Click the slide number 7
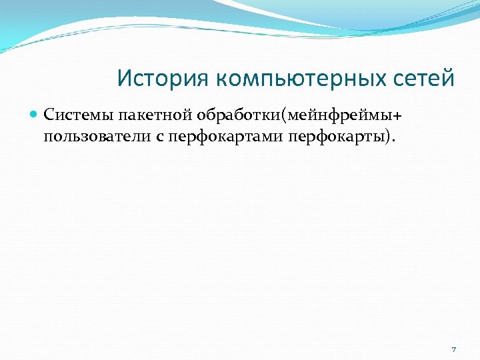[x=453, y=349]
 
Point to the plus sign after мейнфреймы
[x=399, y=115]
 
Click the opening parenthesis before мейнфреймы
[x=285, y=115]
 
